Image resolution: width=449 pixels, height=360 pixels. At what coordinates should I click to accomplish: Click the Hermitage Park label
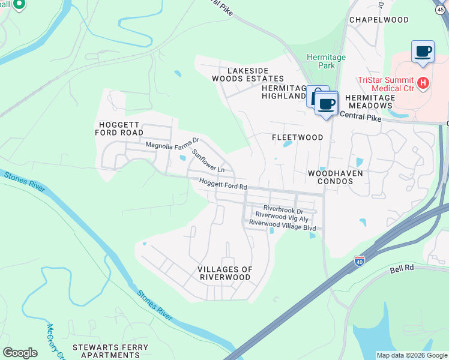(326, 61)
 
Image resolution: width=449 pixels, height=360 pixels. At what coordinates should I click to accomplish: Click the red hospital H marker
(424, 82)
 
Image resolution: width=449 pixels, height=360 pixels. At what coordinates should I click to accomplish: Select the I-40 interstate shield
(360, 261)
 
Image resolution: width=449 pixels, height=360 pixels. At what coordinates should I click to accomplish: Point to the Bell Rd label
(402, 269)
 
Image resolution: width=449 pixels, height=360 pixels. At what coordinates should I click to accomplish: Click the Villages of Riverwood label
(225, 274)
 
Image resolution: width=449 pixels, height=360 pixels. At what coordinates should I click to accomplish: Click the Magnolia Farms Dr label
(172, 144)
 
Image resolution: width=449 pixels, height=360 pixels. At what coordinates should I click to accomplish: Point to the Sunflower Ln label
(208, 161)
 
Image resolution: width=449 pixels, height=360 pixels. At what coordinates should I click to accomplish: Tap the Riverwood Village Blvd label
(282, 227)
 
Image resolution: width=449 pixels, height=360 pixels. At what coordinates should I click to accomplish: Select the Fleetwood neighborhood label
(298, 137)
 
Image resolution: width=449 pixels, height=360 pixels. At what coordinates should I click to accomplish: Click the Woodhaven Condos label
(336, 177)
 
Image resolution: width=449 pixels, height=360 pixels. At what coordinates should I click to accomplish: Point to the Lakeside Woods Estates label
(247, 74)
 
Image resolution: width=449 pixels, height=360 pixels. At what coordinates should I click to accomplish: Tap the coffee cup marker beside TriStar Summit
(423, 52)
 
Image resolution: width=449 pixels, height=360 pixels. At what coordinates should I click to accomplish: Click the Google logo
(20, 353)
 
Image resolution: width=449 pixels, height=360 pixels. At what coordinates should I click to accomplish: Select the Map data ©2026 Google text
(411, 355)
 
